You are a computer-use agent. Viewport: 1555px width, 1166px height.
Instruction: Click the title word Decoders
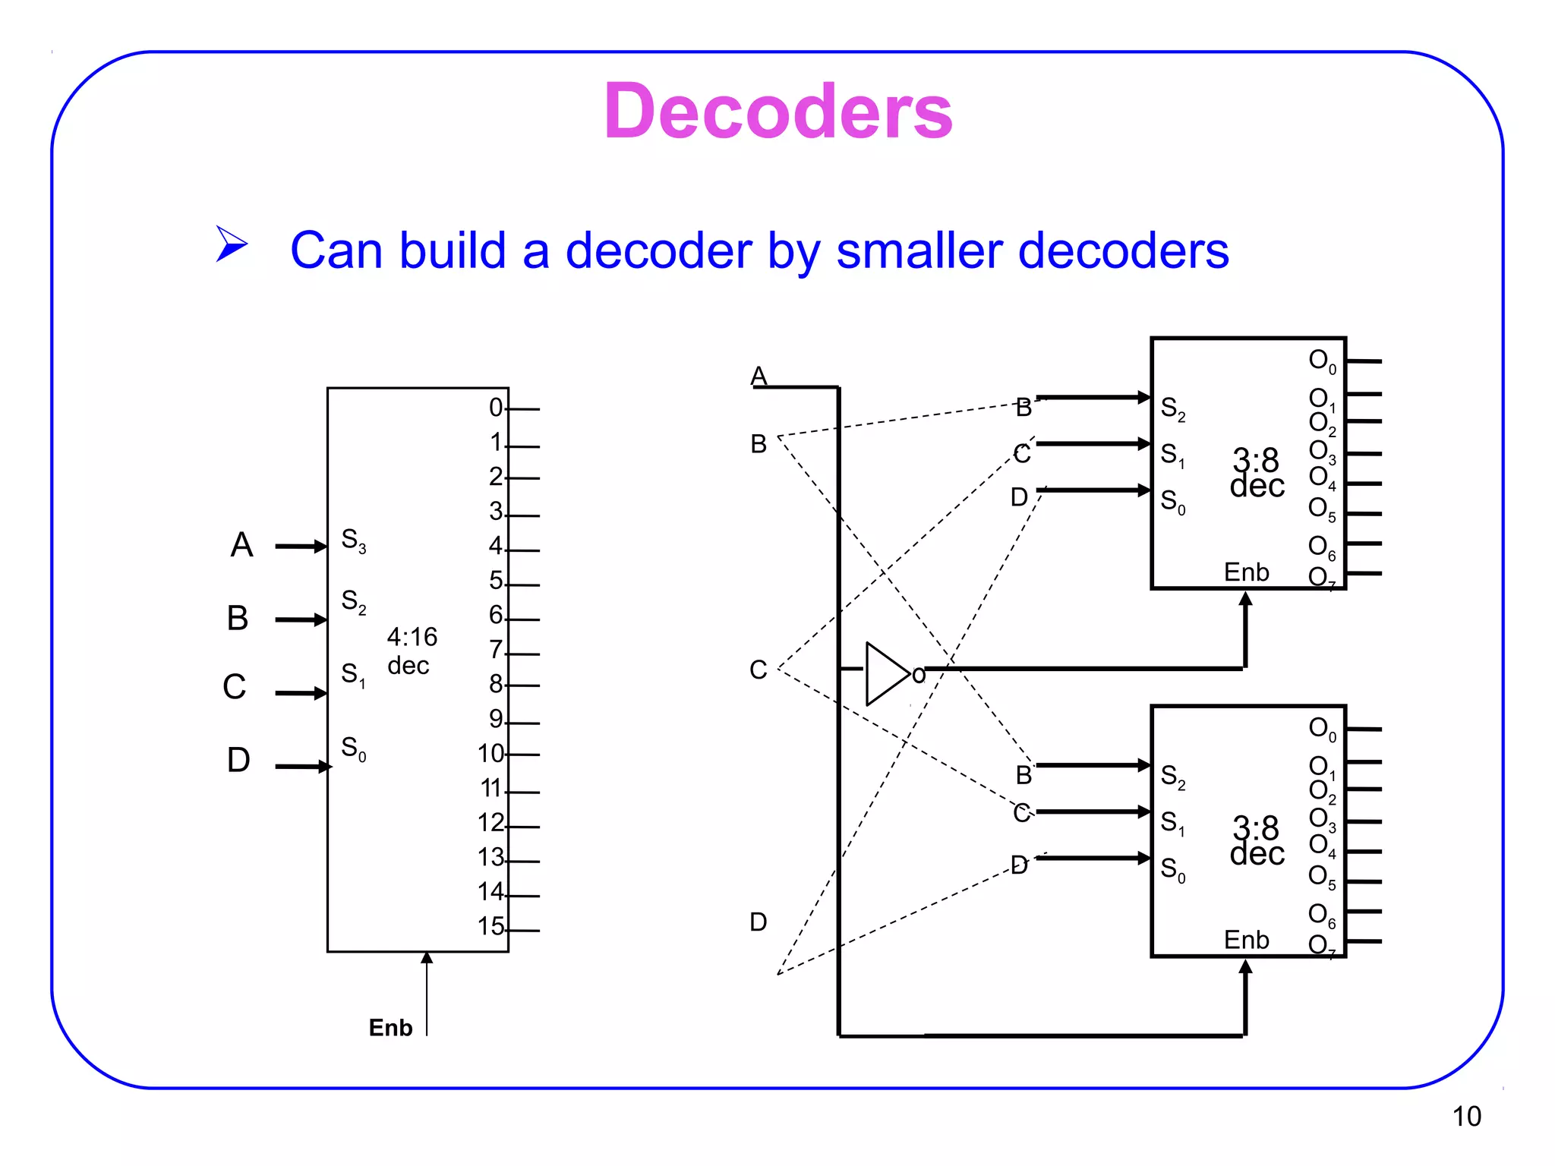coord(777,112)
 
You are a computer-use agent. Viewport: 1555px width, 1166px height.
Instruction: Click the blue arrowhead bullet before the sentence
coord(231,244)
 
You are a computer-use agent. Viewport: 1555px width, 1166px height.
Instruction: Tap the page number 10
coord(1466,1117)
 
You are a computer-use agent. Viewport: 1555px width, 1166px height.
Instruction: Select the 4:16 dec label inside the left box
coord(412,651)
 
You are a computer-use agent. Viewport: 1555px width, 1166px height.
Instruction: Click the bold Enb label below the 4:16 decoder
coord(390,1028)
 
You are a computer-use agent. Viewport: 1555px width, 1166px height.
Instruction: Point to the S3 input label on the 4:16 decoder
coord(353,540)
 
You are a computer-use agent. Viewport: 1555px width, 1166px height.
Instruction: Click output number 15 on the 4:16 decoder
coord(491,926)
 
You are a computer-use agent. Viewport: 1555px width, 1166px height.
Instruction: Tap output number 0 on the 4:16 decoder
coord(496,408)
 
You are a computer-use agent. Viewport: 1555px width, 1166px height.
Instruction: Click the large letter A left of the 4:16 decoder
coord(241,545)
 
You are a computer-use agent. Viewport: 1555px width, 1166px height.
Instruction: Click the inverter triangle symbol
coord(886,673)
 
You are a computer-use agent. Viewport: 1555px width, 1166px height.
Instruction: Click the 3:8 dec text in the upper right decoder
coord(1257,473)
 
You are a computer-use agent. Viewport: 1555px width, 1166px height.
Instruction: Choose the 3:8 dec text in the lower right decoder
coord(1257,841)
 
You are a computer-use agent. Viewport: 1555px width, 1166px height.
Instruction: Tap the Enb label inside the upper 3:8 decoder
coord(1246,572)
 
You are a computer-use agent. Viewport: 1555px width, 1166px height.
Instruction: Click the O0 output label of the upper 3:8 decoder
coord(1322,361)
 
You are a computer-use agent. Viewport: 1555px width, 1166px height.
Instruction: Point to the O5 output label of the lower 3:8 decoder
coord(1322,877)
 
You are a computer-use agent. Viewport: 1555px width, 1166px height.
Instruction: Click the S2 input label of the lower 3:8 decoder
coord(1172,777)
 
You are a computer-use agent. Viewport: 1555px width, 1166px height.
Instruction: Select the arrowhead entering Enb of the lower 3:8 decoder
coord(1245,967)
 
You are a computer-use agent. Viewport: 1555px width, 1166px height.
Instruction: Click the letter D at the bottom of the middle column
coord(758,922)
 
